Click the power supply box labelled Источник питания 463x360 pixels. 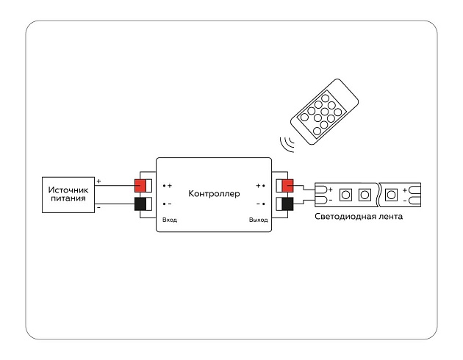[x=68, y=194]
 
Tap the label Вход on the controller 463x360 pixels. [x=169, y=220]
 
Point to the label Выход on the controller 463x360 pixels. [x=258, y=220]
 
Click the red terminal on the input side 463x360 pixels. [x=140, y=185]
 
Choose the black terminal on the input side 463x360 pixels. [x=140, y=204]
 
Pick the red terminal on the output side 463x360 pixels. [x=287, y=185]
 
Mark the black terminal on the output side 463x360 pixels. [x=287, y=204]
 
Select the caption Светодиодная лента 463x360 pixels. [x=359, y=217]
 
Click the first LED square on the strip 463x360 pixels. [x=345, y=195]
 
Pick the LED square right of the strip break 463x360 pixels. [x=392, y=195]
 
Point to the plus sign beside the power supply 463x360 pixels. [x=99, y=181]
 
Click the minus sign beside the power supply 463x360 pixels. [x=99, y=208]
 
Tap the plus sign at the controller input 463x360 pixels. [x=169, y=186]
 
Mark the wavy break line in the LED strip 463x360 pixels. [x=378, y=195]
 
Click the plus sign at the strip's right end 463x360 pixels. [x=405, y=189]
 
